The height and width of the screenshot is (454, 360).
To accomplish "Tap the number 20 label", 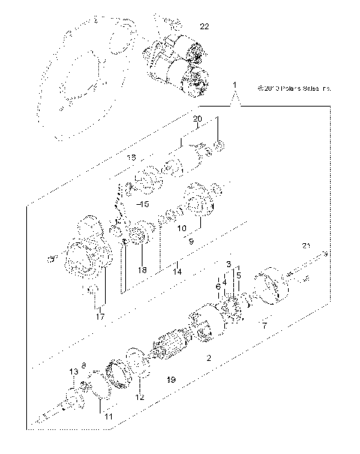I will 197,119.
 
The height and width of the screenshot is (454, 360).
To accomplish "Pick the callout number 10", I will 181,227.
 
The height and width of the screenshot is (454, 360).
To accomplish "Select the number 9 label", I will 191,242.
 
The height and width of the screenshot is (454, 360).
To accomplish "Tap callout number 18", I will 142,269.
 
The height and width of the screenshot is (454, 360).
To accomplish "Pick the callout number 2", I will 208,358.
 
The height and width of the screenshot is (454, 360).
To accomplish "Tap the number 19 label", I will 171,381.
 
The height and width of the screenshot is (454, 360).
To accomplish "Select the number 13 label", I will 73,372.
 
